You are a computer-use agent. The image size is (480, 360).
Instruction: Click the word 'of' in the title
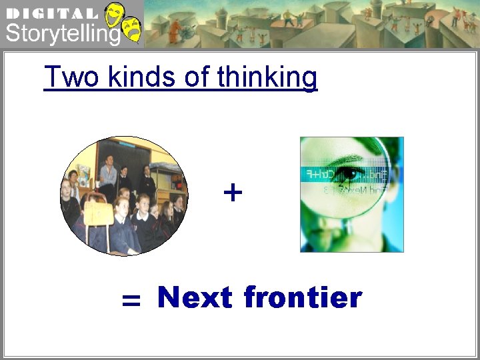196,77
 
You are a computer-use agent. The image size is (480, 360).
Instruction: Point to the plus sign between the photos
233,193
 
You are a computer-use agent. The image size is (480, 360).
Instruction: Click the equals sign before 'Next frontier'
131,302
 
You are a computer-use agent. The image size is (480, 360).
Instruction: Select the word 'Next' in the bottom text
195,297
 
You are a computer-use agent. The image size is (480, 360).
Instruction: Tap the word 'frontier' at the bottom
303,297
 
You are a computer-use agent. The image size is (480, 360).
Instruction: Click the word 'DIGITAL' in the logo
51,13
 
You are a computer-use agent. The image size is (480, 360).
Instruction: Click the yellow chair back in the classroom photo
97,214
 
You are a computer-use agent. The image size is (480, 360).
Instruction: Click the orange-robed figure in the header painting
175,29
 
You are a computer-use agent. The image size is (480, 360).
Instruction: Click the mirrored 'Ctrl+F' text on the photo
320,174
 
